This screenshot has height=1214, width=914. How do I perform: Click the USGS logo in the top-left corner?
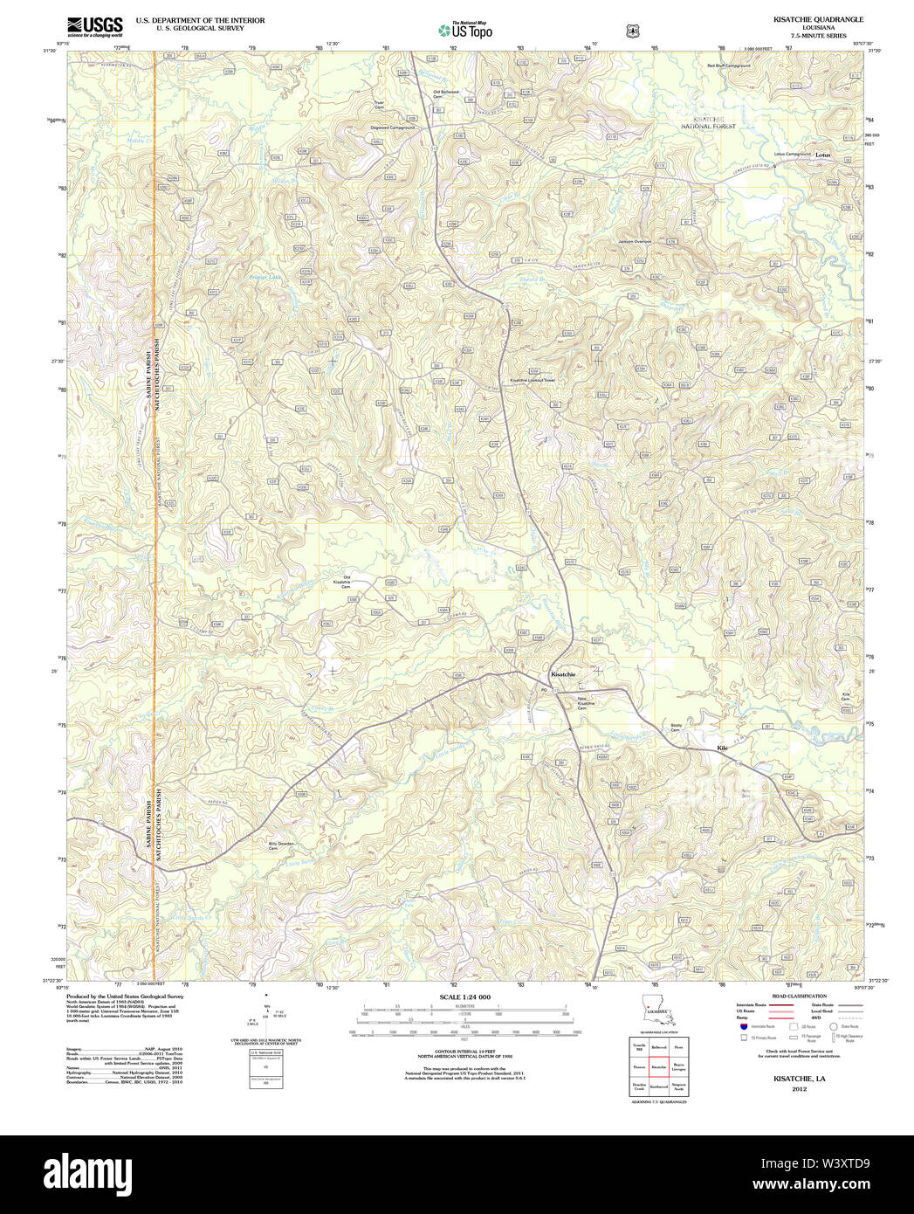pyautogui.click(x=95, y=25)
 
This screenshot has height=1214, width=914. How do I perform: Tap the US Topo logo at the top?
pyautogui.click(x=465, y=31)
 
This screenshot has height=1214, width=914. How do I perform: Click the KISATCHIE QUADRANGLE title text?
pyautogui.click(x=806, y=19)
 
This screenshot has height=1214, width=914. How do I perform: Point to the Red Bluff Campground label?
pyautogui.click(x=728, y=66)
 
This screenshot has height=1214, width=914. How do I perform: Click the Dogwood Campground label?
pyautogui.click(x=393, y=128)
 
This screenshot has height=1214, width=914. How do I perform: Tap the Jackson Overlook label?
pyautogui.click(x=635, y=241)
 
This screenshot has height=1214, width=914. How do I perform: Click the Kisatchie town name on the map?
pyautogui.click(x=562, y=674)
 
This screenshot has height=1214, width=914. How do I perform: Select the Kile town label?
pyautogui.click(x=721, y=748)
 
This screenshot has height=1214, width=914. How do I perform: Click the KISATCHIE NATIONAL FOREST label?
pyautogui.click(x=708, y=122)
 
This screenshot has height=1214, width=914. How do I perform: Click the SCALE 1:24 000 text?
pyautogui.click(x=464, y=997)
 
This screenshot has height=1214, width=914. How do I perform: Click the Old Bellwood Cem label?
pyautogui.click(x=445, y=93)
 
